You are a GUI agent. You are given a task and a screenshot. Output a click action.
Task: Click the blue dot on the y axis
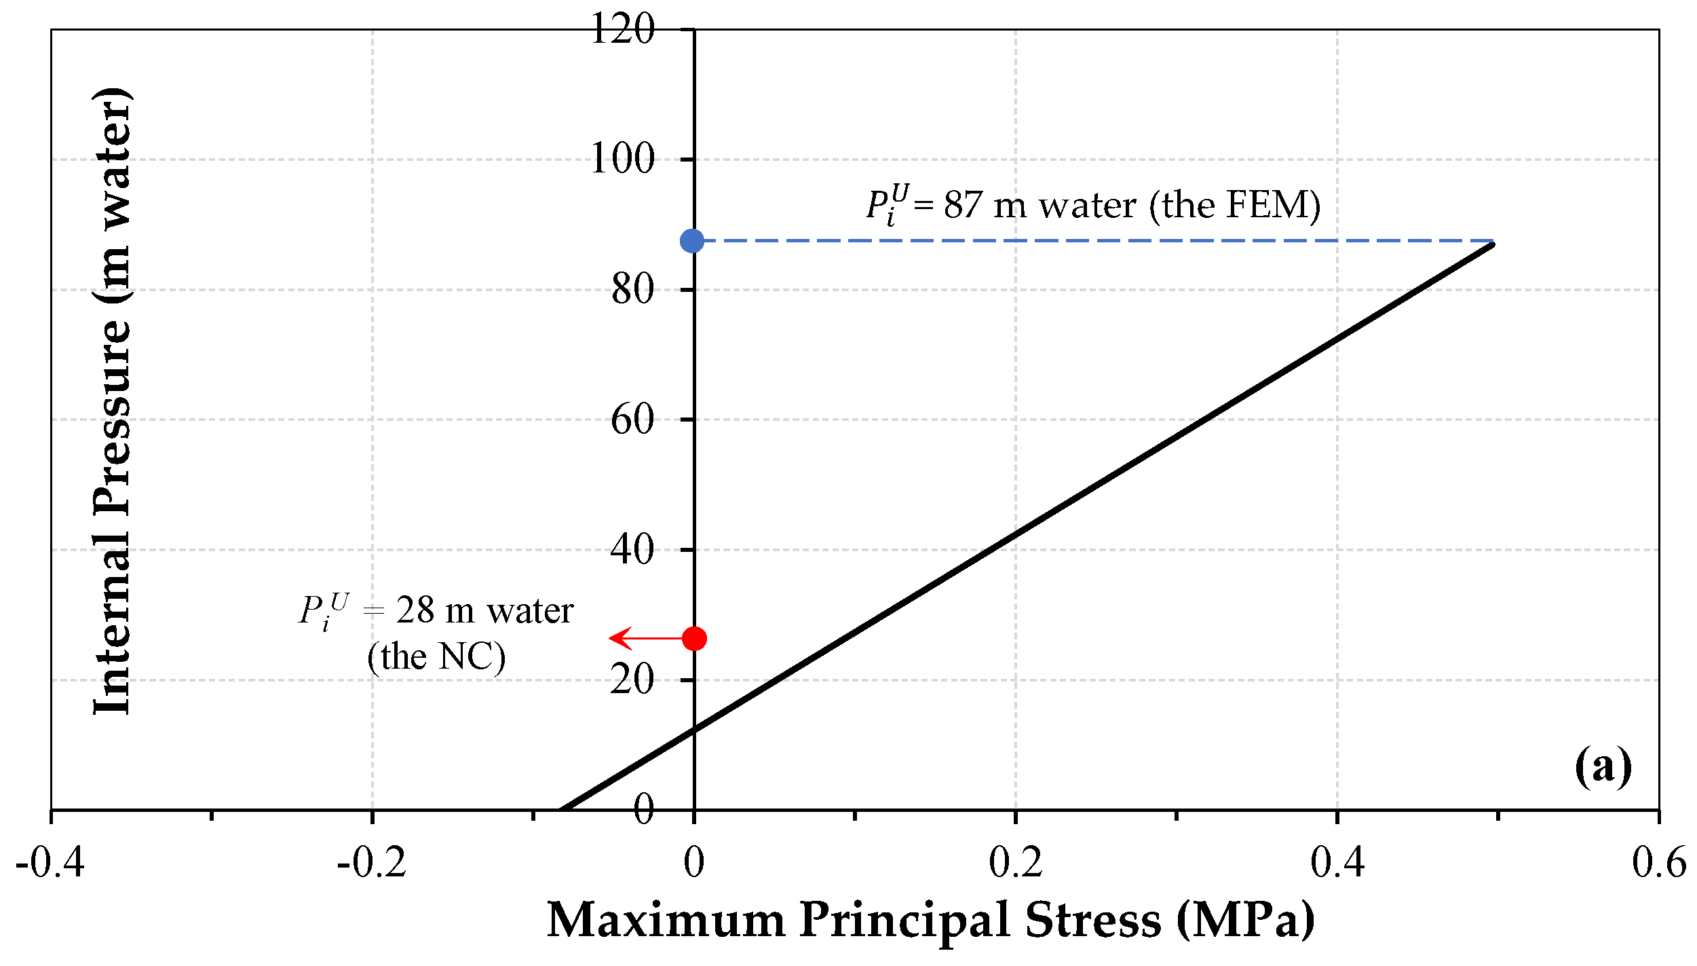pyautogui.click(x=692, y=240)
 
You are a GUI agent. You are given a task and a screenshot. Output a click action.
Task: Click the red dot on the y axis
pyautogui.click(x=694, y=638)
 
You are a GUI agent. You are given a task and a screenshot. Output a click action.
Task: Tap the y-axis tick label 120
pyautogui.click(x=622, y=29)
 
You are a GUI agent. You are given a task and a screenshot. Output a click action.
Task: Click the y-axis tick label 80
pyautogui.click(x=632, y=289)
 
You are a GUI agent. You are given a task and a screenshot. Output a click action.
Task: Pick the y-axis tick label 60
pyautogui.click(x=632, y=419)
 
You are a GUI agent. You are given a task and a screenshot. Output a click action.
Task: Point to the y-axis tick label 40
pyautogui.click(x=632, y=549)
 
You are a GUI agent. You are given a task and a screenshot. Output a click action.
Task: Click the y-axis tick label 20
pyautogui.click(x=632, y=679)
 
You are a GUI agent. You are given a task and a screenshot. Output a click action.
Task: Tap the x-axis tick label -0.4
pyautogui.click(x=50, y=863)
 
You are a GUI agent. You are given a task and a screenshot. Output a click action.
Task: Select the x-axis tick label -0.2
pyautogui.click(x=372, y=863)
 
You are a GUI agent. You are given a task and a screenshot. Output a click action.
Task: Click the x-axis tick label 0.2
pyautogui.click(x=1015, y=863)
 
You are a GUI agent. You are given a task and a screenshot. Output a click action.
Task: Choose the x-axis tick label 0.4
pyautogui.click(x=1337, y=863)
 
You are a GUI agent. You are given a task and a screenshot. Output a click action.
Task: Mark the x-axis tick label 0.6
pyautogui.click(x=1658, y=863)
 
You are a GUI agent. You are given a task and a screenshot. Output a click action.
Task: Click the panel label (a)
pyautogui.click(x=1603, y=766)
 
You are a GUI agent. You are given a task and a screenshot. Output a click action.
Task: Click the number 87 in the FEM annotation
pyautogui.click(x=963, y=205)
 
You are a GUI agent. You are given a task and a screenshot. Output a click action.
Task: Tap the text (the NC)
pyautogui.click(x=436, y=656)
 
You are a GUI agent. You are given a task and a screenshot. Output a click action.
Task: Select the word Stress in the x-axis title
pyautogui.click(x=1092, y=921)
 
